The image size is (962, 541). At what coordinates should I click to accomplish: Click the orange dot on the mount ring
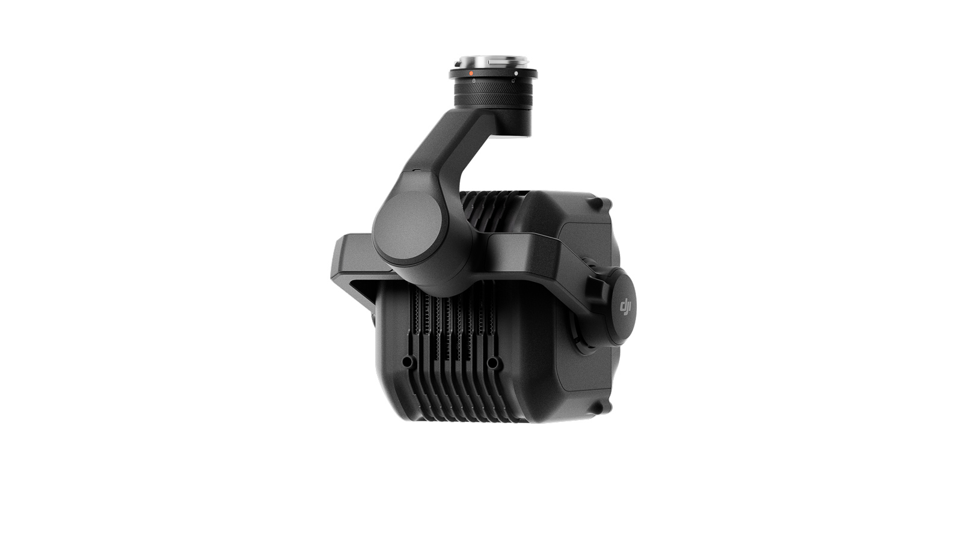coord(471,73)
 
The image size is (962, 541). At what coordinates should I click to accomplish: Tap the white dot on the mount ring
coord(516,73)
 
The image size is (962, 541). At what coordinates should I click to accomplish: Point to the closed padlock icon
coord(474,80)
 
